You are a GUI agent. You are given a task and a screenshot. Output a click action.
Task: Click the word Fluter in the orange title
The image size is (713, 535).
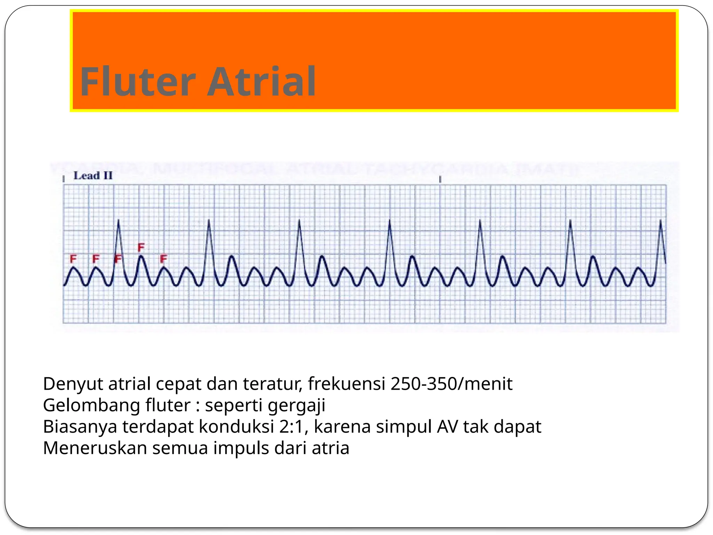pos(138,82)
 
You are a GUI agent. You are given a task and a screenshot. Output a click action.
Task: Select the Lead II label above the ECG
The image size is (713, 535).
pos(93,176)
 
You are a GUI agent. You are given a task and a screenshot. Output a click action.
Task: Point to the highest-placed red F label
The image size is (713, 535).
pos(141,247)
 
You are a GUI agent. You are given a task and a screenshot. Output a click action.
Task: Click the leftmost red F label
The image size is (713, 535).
pos(73,259)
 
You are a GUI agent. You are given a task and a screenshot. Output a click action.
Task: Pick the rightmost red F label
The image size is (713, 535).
pos(164,259)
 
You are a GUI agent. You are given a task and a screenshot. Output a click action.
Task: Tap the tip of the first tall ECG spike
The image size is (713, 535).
pos(119,220)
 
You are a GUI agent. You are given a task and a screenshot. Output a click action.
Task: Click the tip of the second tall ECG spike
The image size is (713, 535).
pos(209,220)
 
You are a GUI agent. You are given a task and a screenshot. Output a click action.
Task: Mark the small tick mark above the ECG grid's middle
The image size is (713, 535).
pos(440,179)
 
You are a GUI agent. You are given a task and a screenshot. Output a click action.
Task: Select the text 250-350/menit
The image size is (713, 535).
pos(452,384)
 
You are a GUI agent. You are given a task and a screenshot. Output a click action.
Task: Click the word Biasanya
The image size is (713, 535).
pos(80,427)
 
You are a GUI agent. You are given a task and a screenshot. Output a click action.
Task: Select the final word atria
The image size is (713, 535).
pos(330,448)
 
